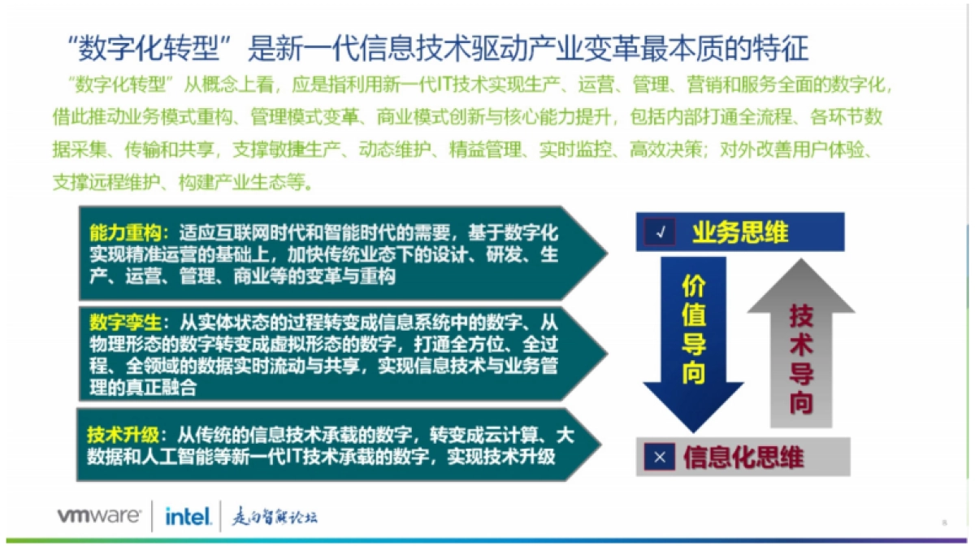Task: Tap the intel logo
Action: click(x=188, y=515)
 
